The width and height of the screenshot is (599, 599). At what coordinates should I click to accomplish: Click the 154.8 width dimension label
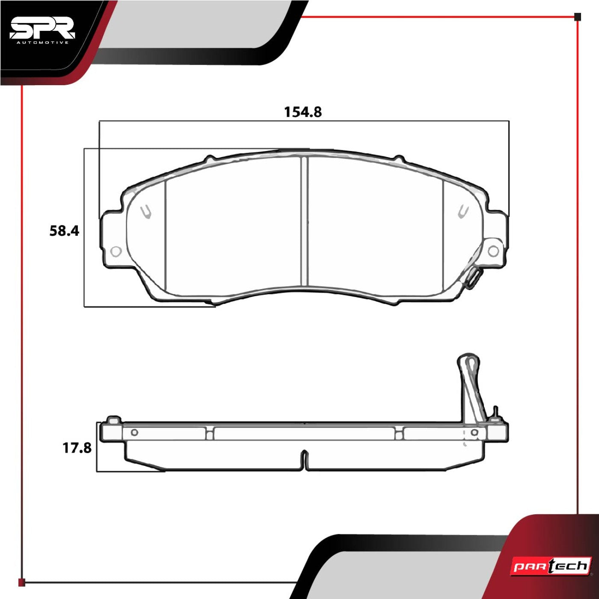point(303,112)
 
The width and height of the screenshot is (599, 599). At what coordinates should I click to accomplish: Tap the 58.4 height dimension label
point(64,231)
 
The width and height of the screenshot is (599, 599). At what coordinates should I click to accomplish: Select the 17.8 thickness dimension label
point(77,448)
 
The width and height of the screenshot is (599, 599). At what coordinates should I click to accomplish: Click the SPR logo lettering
point(42,30)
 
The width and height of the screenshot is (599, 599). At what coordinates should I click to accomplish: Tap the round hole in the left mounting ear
point(116,251)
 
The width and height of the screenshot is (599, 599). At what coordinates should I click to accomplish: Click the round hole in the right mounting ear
point(493,251)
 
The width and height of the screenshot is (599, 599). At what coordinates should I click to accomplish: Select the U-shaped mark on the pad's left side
point(146,212)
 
